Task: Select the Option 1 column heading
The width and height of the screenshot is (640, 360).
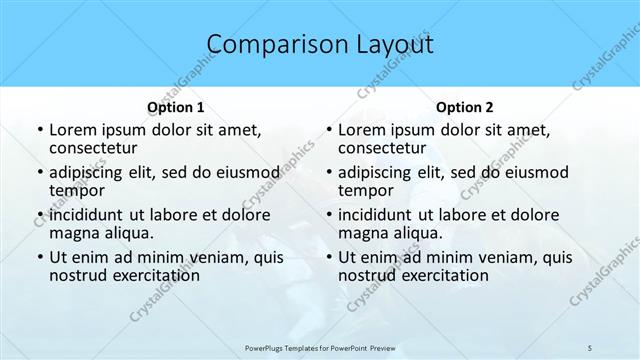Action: pyautogui.click(x=176, y=107)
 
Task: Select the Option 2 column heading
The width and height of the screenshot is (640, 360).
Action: pyautogui.click(x=465, y=107)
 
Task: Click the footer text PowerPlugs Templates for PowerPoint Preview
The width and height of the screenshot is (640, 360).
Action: pyautogui.click(x=320, y=347)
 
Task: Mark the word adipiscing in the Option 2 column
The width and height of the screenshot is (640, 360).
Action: pyautogui.click(x=379, y=172)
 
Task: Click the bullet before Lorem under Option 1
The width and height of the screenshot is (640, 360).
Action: pyautogui.click(x=39, y=131)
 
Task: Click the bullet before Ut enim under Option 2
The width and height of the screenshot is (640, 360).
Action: pyautogui.click(x=329, y=258)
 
